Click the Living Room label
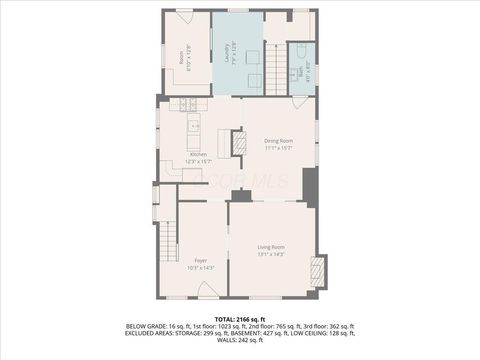click(271, 247)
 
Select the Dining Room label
click(278, 141)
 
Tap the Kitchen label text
click(198, 155)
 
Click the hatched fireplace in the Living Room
click(318, 271)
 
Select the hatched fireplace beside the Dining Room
click(239, 144)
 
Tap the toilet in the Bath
click(301, 51)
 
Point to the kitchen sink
click(194, 126)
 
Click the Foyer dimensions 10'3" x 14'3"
click(201, 268)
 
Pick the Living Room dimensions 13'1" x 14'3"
click(271, 255)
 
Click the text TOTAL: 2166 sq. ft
click(239, 317)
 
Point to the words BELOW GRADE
click(146, 326)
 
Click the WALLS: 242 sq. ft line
click(239, 342)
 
